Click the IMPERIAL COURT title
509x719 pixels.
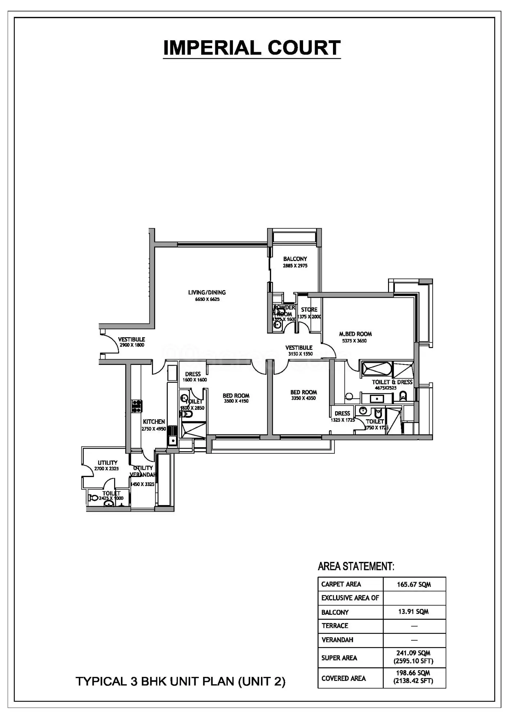pyautogui.click(x=252, y=48)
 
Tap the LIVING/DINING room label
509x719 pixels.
pyautogui.click(x=207, y=293)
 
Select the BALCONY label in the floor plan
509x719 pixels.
pyautogui.click(x=295, y=259)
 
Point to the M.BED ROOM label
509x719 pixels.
pyautogui.click(x=355, y=334)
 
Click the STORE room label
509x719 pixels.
pyautogui.click(x=309, y=310)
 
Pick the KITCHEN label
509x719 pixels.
pyautogui.click(x=154, y=422)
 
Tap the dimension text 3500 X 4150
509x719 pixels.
pyautogui.click(x=236, y=401)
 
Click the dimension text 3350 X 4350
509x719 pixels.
pyautogui.click(x=303, y=398)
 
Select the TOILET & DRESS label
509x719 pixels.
pyautogui.click(x=392, y=382)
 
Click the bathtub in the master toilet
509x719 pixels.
pyautogui.click(x=377, y=369)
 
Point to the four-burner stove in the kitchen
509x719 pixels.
pyautogui.click(x=136, y=406)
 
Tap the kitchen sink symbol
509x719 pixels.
pyautogui.click(x=172, y=440)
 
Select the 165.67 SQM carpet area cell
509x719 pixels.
pyautogui.click(x=414, y=585)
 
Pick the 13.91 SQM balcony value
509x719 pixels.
pyautogui.click(x=413, y=612)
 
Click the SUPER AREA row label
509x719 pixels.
pyautogui.click(x=339, y=658)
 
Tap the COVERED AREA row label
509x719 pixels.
pyautogui.click(x=343, y=678)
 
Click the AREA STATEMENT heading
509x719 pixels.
pyautogui.click(x=356, y=567)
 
